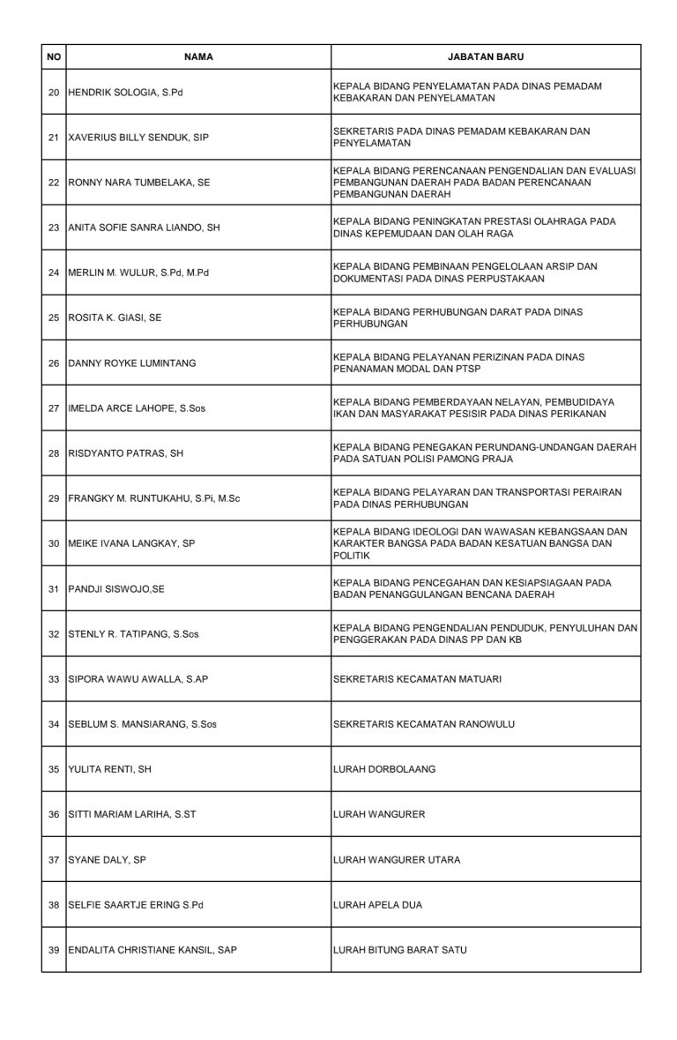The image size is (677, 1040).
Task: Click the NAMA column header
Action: point(198,56)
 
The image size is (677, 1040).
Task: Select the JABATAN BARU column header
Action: point(486,56)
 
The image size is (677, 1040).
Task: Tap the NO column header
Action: point(54,56)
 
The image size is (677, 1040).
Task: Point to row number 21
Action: point(54,137)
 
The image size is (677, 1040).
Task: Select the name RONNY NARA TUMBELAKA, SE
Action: point(139,182)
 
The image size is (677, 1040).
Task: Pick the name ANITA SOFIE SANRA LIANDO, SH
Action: point(144,227)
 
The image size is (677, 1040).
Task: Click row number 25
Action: point(54,318)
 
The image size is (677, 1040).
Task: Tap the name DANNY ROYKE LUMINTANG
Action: point(132,363)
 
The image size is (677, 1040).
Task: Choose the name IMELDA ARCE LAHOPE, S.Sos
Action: point(136,408)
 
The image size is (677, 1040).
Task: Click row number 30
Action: point(54,544)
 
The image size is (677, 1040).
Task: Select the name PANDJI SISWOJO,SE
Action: point(115,589)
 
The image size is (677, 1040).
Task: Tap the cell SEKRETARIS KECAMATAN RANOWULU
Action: point(424,724)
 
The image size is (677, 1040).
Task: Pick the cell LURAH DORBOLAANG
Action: point(384,769)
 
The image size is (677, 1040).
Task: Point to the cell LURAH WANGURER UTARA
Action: point(397,859)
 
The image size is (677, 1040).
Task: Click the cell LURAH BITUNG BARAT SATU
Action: point(400,950)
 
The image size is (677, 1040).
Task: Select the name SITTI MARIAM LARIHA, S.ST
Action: point(131,814)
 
